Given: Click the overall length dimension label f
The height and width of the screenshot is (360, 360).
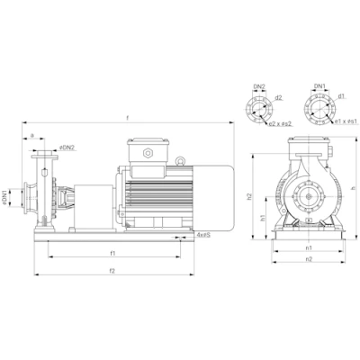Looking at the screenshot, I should pos(128,117).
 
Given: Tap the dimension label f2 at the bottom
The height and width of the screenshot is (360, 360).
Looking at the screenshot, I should pos(112,269).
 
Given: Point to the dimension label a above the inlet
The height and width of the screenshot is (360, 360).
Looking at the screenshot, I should pos(32,137).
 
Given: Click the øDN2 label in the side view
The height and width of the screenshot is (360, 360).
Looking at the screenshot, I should pos(67,147).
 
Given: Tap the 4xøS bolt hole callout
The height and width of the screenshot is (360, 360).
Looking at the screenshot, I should pos(203,235).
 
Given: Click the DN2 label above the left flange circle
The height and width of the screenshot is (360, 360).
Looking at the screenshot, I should pos(258,87).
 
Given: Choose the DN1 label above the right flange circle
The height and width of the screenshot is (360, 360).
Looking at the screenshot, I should pos(319,87).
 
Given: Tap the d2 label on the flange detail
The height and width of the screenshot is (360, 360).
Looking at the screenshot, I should pos(279,97).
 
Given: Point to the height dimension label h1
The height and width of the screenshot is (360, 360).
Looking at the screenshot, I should pos(261,217).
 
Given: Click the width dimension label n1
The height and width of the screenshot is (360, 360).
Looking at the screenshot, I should pos(309,247).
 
